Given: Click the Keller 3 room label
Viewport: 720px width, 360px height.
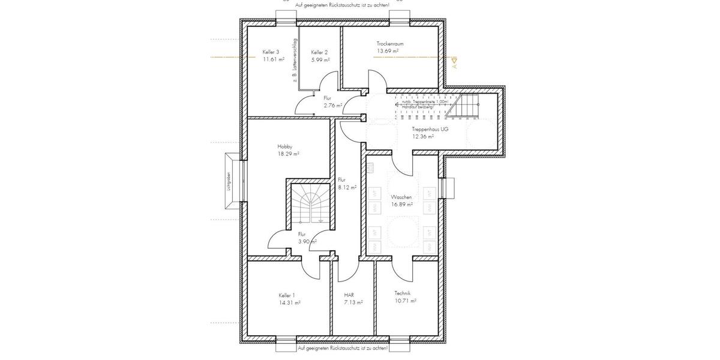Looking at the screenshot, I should coord(271,52).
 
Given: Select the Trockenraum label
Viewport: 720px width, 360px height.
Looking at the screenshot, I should coord(389,44).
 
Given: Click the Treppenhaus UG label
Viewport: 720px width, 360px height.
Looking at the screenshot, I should coord(430,129).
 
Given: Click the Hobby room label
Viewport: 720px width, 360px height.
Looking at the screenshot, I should coord(285,146).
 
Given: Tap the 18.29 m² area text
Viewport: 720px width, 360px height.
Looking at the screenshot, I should coord(288,154).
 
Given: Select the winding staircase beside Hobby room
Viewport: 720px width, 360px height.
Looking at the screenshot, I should coord(311,205).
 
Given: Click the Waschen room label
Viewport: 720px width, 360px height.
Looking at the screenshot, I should coord(401,197).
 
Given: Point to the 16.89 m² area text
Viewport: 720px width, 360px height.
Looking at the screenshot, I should coord(401,205).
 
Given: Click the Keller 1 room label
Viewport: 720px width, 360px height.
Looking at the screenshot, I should coord(287,295).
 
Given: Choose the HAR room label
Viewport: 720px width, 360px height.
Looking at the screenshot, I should coord(349,295).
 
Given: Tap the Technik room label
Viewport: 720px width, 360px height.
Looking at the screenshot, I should coord(403,293).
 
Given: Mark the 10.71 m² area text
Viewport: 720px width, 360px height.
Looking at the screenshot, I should coord(406,301).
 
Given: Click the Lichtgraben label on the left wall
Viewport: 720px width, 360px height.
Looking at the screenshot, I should coord(229,182).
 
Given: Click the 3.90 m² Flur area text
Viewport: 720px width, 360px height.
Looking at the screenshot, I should coord(307,242).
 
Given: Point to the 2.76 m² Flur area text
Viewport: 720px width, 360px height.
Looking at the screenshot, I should coord(332,106).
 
